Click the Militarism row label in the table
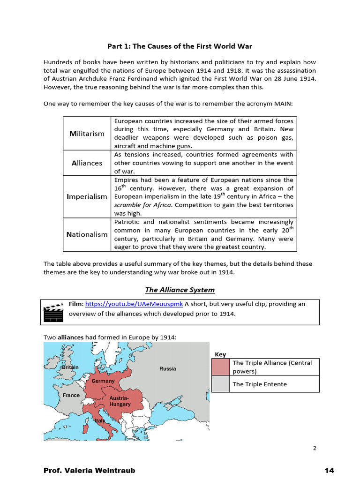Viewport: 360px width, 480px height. tap(87, 134)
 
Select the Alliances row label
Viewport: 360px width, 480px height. tap(87, 163)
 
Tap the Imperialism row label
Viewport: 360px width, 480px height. tap(87, 196)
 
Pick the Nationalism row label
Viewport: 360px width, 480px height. tap(87, 234)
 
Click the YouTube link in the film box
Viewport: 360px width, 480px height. tap(134, 304)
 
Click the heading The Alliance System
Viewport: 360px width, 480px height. tap(180, 290)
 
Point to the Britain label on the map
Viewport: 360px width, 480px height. tap(70, 367)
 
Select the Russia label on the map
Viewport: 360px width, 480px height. tap(167, 368)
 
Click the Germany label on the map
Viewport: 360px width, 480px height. tap(103, 381)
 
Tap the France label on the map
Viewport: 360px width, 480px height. tap(71, 395)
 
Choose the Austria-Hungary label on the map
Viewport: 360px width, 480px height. tap(120, 401)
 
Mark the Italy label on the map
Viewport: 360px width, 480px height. tap(100, 421)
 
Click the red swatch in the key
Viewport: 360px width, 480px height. tap(221, 367)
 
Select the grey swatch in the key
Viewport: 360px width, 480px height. tap(221, 384)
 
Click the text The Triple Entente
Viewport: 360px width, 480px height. tap(259, 384)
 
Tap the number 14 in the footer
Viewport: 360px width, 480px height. tap(329, 470)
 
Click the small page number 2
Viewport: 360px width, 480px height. tap(315, 448)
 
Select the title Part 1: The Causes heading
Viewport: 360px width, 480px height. tap(180, 46)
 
